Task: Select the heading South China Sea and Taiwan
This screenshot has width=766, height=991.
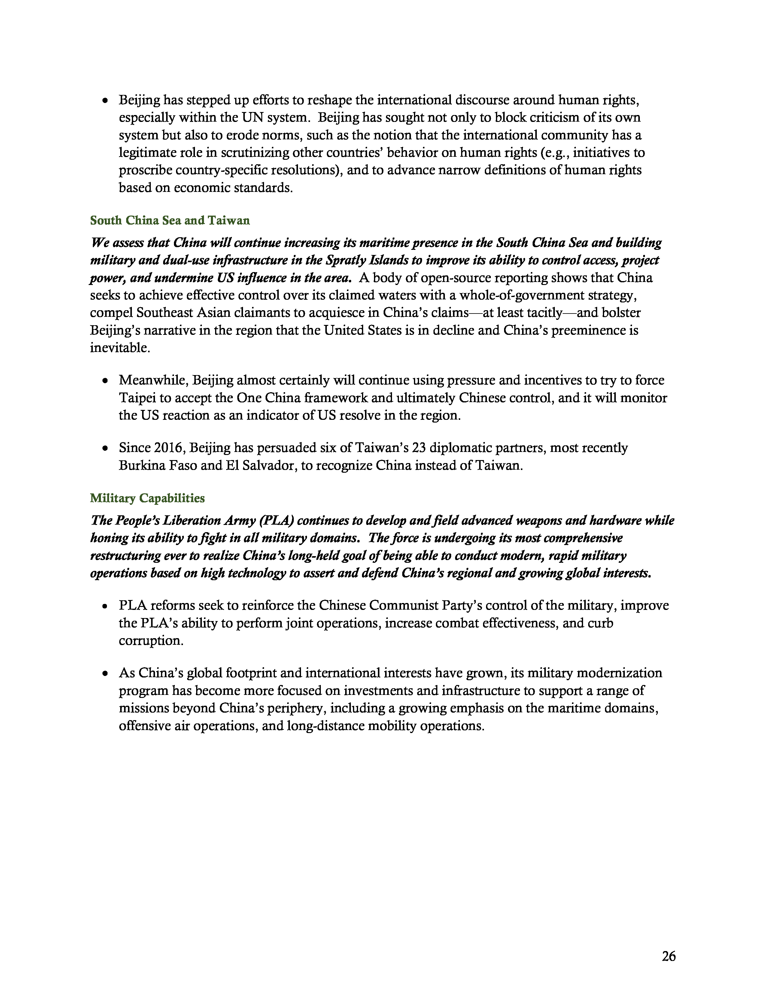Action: (170, 220)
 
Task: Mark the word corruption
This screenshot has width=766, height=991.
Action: (151, 641)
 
